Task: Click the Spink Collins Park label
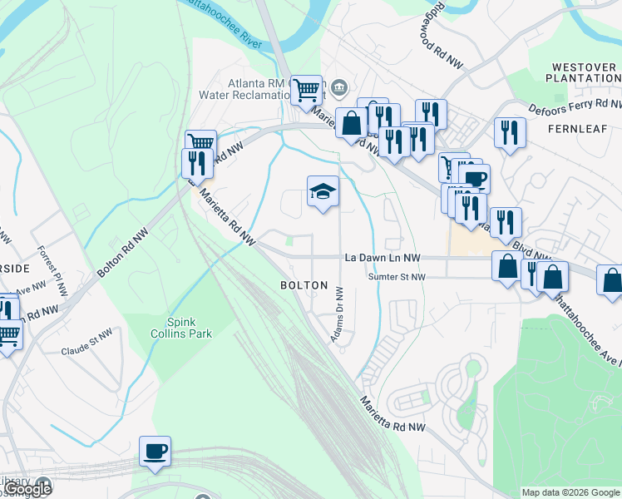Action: point(189,328)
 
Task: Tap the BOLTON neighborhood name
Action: point(304,285)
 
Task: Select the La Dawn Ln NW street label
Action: point(383,259)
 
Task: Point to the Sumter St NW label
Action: point(397,277)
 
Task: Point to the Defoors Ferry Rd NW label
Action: point(575,106)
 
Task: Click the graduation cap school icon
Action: point(323,192)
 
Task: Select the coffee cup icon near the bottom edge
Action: point(155,452)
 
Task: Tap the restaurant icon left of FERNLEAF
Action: point(509,133)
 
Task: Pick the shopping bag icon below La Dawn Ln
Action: point(506,267)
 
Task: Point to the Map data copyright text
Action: point(570,492)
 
